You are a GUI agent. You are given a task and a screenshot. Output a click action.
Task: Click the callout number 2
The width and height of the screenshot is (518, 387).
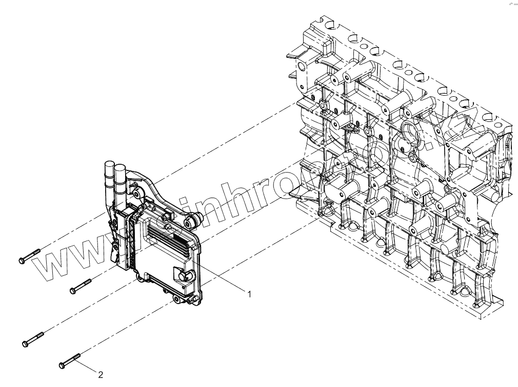tap(101, 375)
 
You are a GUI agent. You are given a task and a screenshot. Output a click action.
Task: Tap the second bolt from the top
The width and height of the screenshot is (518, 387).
tap(80, 286)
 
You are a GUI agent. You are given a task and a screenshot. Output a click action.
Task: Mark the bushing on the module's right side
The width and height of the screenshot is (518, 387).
tap(194, 222)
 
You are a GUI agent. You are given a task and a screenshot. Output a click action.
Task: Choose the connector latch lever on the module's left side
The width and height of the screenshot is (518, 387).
tap(113, 251)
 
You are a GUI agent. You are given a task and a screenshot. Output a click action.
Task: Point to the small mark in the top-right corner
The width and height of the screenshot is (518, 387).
tap(512, 4)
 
